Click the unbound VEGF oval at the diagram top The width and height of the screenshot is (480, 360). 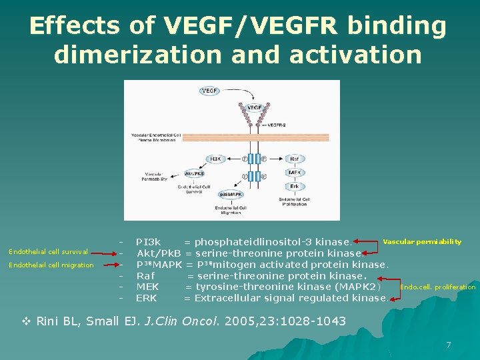coord(210,90)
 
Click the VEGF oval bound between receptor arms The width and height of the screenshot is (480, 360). coord(254,107)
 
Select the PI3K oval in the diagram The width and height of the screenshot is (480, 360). coord(217,159)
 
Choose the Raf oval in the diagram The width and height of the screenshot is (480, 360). coord(294,159)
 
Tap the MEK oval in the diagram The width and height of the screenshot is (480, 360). coord(294,173)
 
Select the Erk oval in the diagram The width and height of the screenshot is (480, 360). coord(294,186)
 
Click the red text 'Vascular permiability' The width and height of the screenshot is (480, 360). coord(422,241)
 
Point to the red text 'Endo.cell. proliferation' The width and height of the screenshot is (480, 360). coord(437,287)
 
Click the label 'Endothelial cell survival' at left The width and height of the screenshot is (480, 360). coord(48,251)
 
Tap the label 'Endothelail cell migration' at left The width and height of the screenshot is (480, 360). coord(51,265)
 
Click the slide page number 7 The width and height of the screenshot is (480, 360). coord(449,345)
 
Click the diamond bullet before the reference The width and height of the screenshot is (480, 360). coord(27,321)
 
